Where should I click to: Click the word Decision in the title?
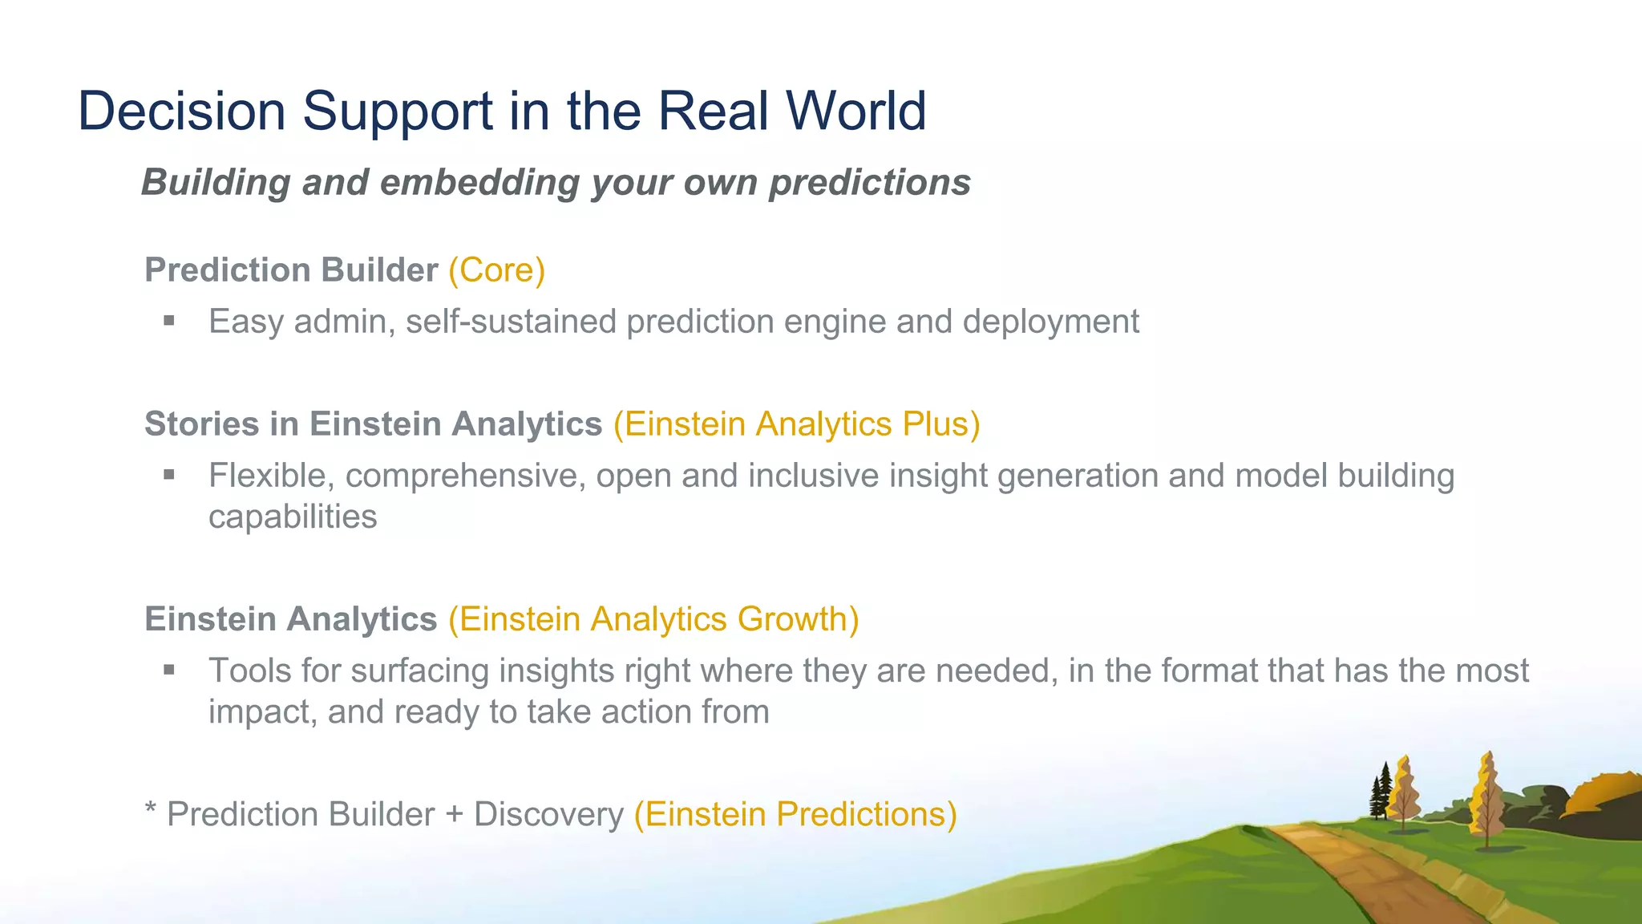pos(181,111)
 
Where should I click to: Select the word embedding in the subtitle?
pos(479,183)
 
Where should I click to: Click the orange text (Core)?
pos(496,270)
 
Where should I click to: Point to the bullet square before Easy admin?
pos(168,321)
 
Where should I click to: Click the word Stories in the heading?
pos(201,423)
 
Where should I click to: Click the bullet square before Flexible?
pos(168,475)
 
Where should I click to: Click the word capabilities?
pos(293,517)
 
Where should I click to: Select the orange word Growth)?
pos(798,619)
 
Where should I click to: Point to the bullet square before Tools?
pos(168,670)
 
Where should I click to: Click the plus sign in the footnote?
pos(454,815)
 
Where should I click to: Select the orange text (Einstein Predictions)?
pos(795,814)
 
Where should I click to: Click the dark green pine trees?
pos(1381,794)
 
